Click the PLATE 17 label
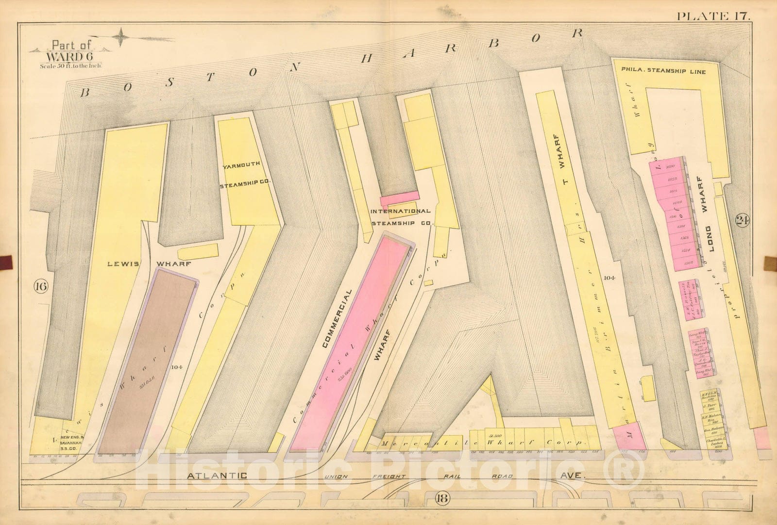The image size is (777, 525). pyautogui.click(x=713, y=16)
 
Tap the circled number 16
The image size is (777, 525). pyautogui.click(x=41, y=287)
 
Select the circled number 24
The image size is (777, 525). pyautogui.click(x=742, y=221)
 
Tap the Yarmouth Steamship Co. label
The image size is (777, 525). pyautogui.click(x=247, y=176)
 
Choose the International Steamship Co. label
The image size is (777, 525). pyautogui.click(x=401, y=217)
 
